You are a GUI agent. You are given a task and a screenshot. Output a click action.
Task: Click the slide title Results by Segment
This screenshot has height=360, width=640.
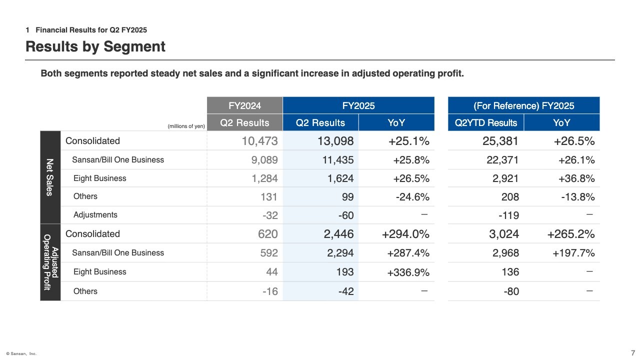(95, 46)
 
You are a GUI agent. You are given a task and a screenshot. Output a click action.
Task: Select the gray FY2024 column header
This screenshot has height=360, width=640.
(245, 105)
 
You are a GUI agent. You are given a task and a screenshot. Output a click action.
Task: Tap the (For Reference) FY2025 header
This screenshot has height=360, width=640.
(523, 105)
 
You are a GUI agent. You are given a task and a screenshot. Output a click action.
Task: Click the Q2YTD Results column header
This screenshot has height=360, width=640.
(486, 123)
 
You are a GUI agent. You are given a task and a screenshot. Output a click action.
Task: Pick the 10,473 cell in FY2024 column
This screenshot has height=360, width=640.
(259, 141)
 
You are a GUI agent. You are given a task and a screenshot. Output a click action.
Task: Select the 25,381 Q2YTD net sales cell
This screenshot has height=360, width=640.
(500, 141)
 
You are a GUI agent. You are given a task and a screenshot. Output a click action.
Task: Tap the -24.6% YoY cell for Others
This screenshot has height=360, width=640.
(412, 197)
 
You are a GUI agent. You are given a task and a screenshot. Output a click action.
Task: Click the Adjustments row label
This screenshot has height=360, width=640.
(95, 215)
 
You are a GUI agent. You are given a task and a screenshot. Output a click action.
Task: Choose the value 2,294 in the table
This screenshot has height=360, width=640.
(340, 253)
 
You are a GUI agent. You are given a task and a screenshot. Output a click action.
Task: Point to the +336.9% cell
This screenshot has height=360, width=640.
(408, 272)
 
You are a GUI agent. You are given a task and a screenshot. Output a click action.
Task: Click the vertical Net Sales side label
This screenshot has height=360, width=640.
(50, 177)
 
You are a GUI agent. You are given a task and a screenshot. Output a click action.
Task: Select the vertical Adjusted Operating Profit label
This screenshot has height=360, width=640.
(50, 262)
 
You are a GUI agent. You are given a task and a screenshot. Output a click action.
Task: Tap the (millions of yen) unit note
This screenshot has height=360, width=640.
(186, 126)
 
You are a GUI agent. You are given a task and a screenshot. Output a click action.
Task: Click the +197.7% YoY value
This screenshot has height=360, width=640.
(573, 253)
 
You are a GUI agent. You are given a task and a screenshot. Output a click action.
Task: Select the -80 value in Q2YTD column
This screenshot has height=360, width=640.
(511, 291)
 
